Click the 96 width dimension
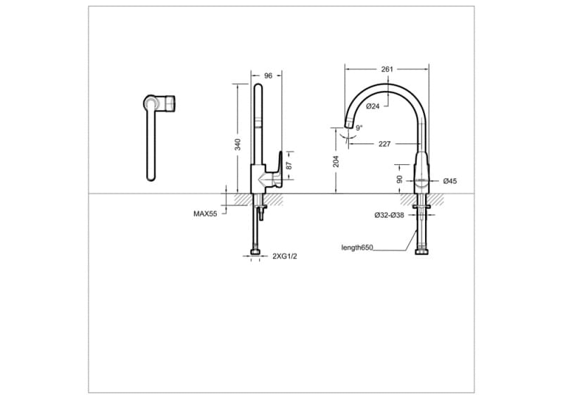coord(268,75)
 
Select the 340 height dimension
coord(238,144)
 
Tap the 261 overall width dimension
coord(386,69)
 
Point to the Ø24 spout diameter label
coord(373,106)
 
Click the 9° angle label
coord(359,128)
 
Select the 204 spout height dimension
coord(336,161)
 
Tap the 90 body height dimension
coord(400,179)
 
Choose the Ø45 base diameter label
coord(450,181)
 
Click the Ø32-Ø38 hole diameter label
coord(389,215)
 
